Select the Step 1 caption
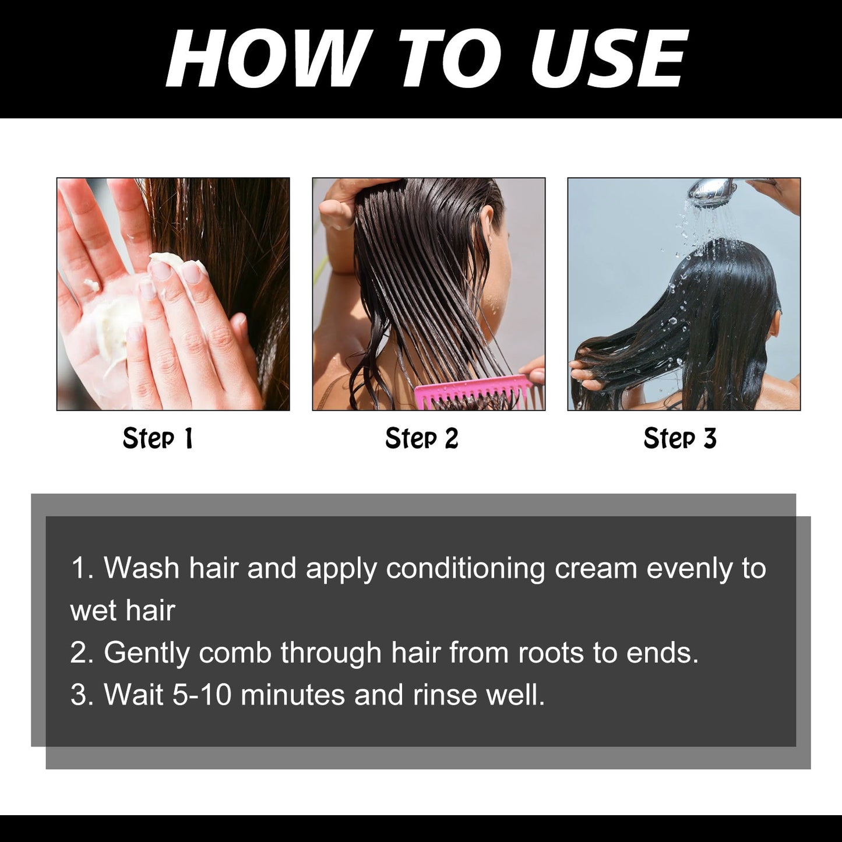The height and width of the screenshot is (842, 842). click(157, 439)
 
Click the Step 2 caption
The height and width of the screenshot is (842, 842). click(422, 439)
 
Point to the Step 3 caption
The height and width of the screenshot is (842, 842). click(679, 439)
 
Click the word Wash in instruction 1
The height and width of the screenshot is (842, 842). click(142, 568)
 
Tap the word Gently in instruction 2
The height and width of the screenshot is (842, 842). click(146, 653)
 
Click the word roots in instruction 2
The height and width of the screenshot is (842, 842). click(551, 653)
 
